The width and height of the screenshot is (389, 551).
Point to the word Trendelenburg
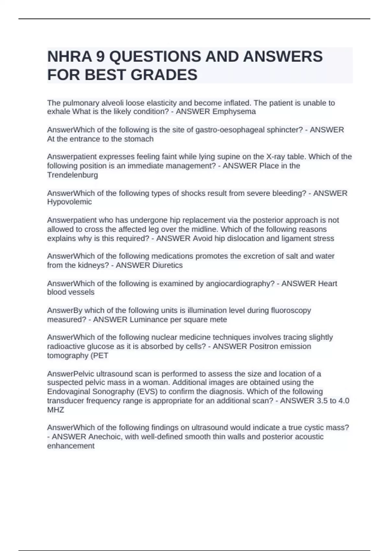pos(72,175)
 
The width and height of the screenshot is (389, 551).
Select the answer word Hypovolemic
pos(69,202)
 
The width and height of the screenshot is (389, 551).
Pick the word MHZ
pos(56,410)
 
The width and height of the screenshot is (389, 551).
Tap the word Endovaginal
pos(68,392)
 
